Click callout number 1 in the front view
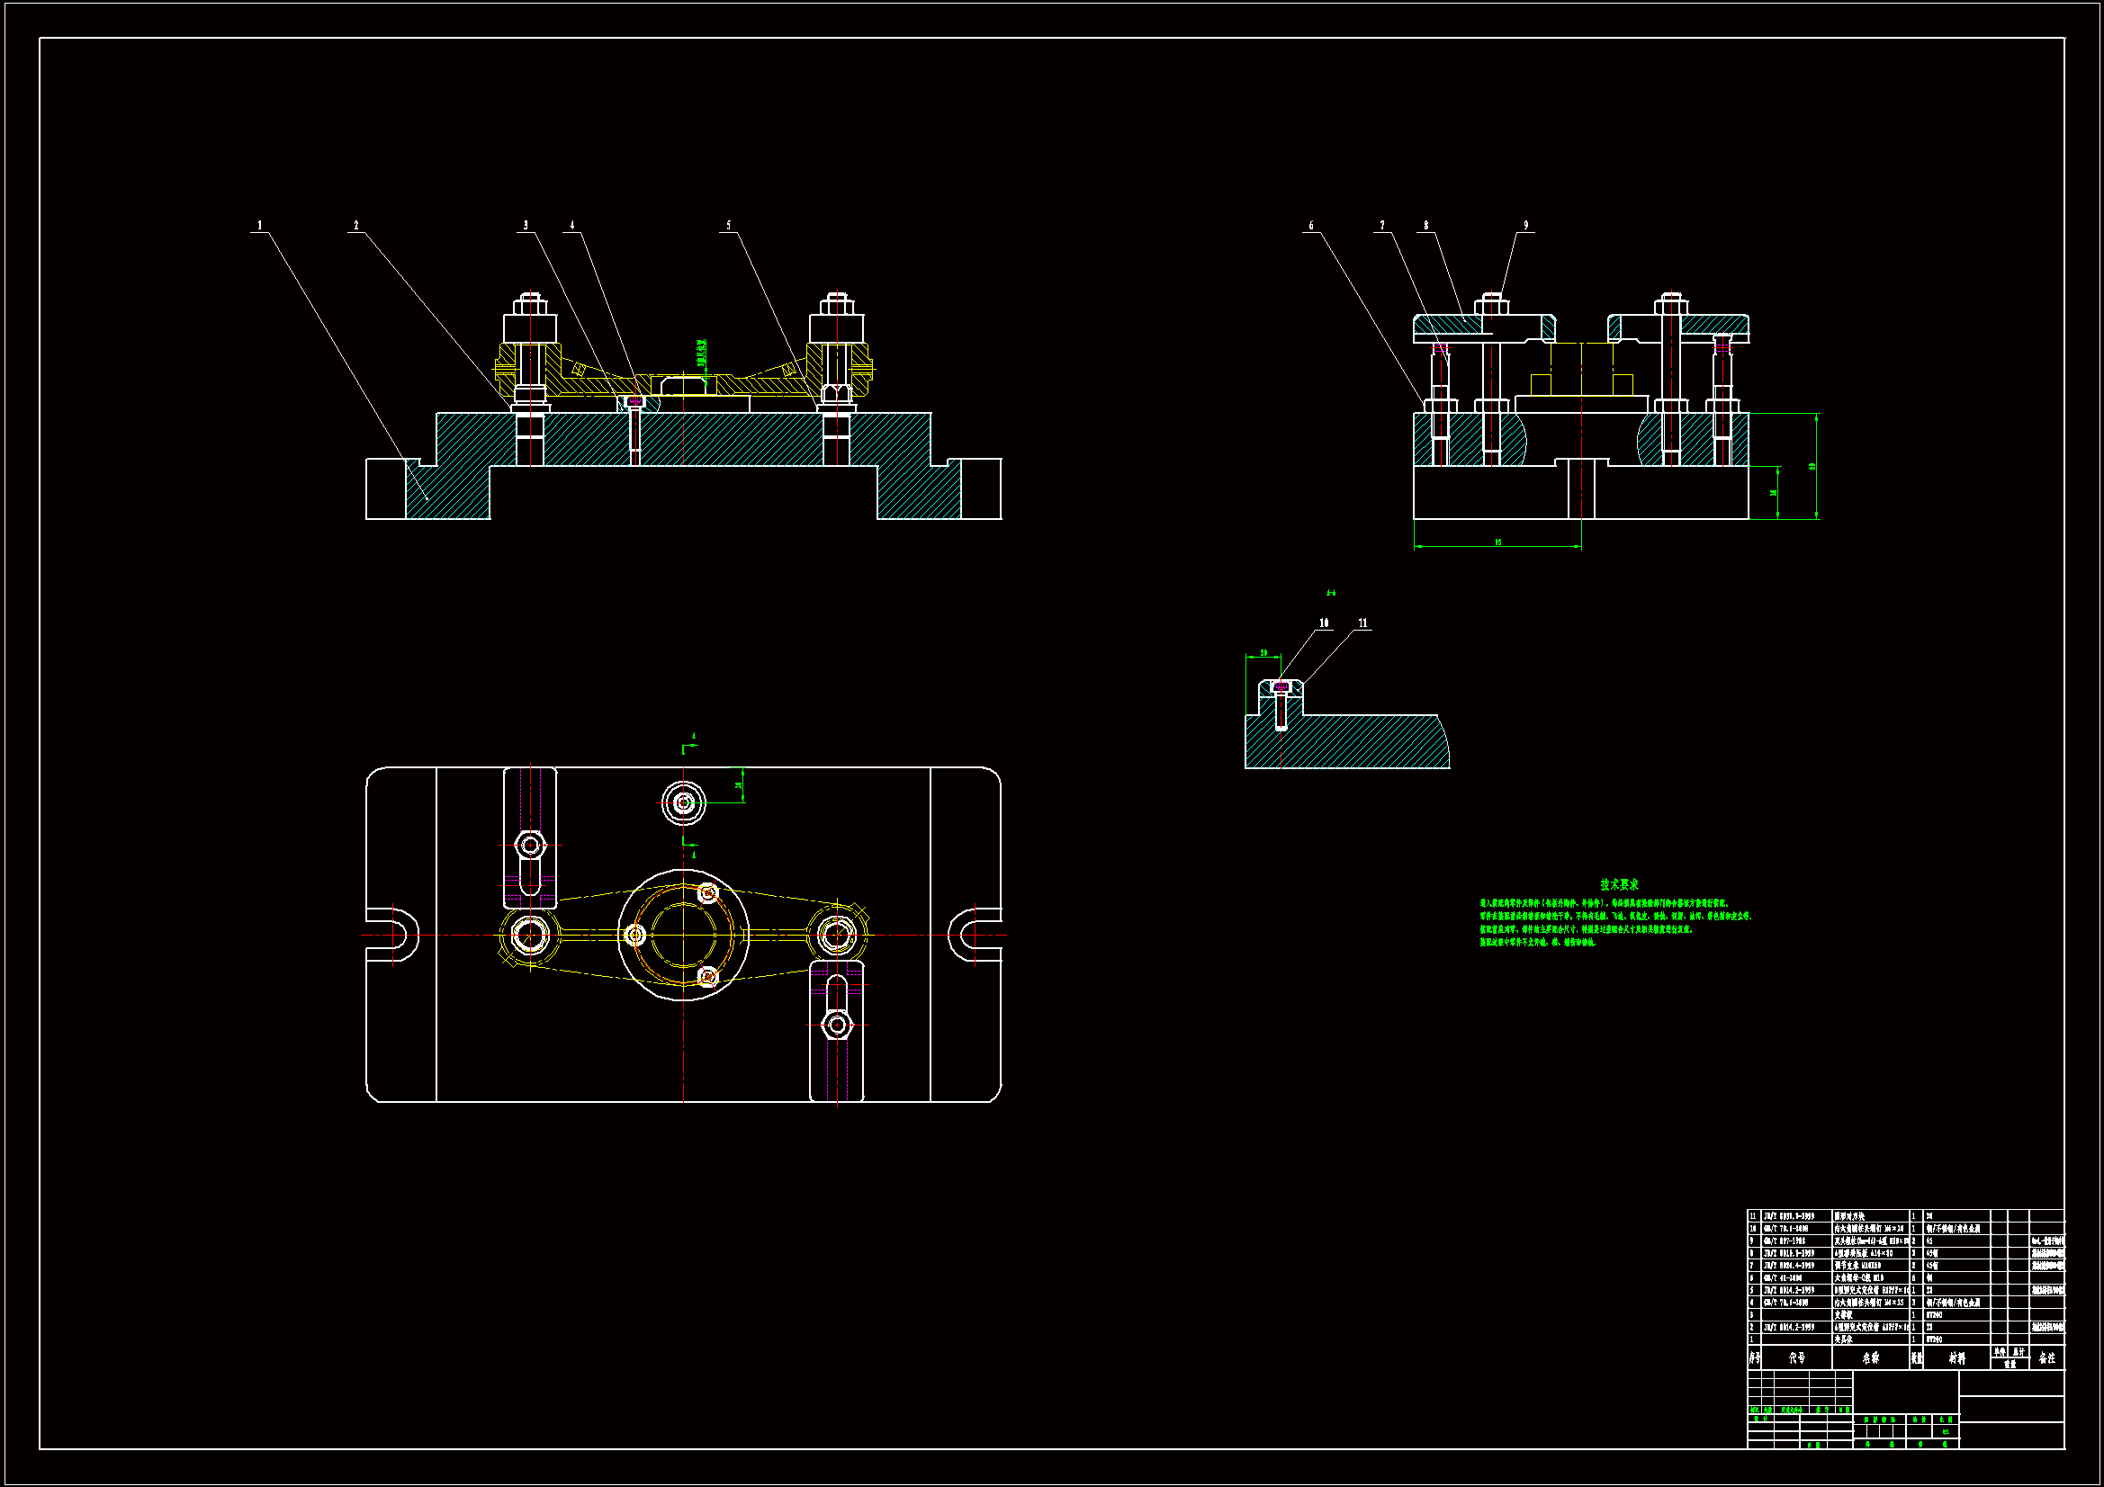coord(259,226)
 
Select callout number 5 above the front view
coord(729,226)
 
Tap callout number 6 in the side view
coord(1310,226)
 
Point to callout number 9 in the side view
coord(1525,226)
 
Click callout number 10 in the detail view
coord(1324,623)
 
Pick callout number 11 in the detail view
coord(1362,623)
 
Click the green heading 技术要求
coord(1619,884)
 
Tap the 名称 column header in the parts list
coord(1870,1357)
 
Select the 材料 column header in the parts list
coord(1956,1357)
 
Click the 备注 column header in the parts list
coord(2046,1357)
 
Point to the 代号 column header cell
coord(1796,1357)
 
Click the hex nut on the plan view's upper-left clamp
coord(530,845)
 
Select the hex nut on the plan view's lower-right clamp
coord(836,1024)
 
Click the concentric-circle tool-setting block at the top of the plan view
coord(683,803)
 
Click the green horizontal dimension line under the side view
coord(1497,547)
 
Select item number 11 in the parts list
coord(1753,1216)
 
